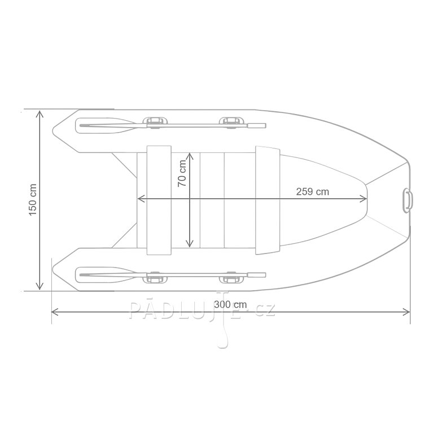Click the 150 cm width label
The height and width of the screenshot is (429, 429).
coord(33,200)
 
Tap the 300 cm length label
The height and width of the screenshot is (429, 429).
coord(230,304)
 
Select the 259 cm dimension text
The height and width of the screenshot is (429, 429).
coord(313,191)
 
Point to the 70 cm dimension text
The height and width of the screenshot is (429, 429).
coord(182,173)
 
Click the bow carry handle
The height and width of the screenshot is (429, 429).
coord(408,200)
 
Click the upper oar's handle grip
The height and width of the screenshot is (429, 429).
coord(256,125)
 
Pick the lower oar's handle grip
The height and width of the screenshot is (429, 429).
coord(256,275)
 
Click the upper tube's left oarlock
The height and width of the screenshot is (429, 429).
coord(155,122)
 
